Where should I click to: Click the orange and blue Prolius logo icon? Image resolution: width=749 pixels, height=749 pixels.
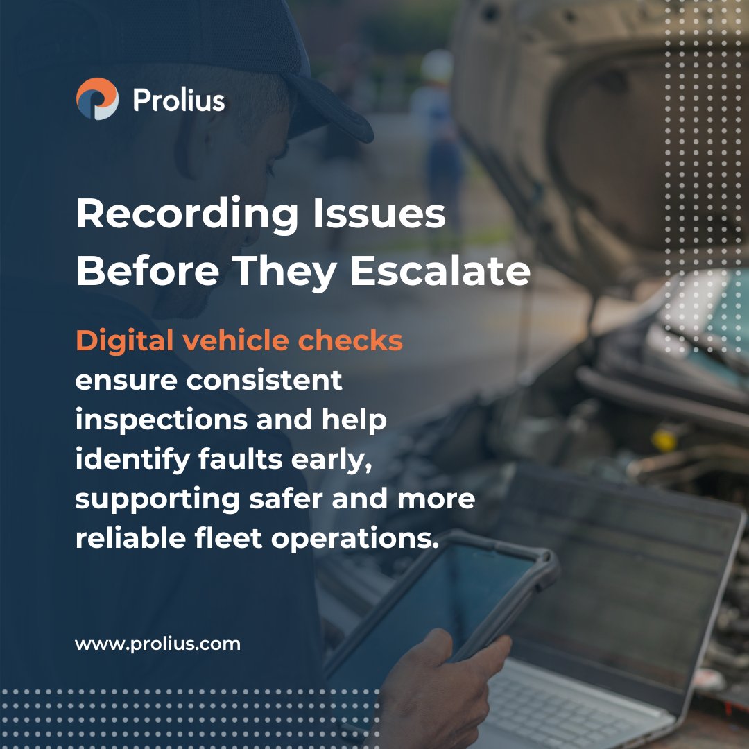(97, 98)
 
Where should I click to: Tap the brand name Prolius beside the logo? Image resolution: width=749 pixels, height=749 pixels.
(178, 100)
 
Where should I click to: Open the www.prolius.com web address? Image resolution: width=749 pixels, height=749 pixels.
(157, 644)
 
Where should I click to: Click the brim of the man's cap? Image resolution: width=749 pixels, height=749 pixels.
(333, 111)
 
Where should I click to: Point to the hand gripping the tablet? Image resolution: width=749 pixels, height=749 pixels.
(444, 687)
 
